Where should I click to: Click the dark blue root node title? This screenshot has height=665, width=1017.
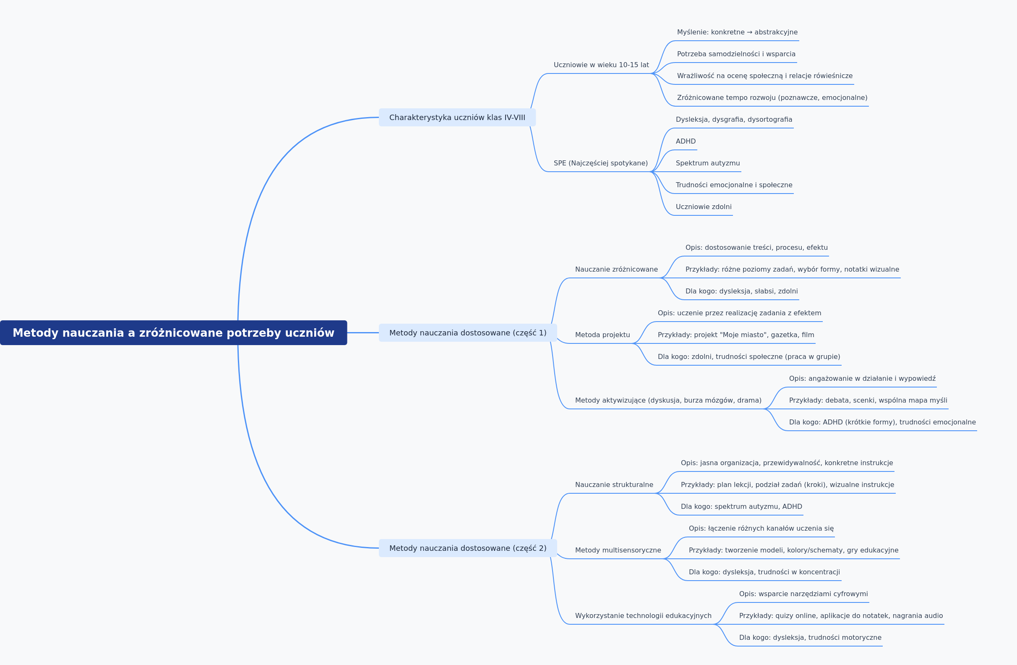174,333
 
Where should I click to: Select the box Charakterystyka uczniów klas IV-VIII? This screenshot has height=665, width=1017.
457,118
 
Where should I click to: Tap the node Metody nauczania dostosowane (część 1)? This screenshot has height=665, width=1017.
468,333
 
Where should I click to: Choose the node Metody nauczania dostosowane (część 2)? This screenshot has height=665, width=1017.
468,548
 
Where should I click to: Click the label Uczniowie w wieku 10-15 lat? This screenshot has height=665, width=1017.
601,65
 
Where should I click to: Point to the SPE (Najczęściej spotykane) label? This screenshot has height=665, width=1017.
601,163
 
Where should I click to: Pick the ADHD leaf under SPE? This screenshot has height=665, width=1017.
686,141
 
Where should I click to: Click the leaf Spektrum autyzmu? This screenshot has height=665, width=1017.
708,163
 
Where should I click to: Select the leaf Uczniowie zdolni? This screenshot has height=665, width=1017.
704,207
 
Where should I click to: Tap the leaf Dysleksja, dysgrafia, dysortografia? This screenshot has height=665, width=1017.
734,120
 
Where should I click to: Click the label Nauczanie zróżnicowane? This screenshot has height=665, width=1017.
616,270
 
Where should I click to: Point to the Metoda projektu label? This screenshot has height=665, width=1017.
602,335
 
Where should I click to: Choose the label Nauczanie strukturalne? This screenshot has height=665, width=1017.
614,484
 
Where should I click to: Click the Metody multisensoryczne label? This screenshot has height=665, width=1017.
618,550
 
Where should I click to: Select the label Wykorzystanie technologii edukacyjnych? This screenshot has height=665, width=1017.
643,616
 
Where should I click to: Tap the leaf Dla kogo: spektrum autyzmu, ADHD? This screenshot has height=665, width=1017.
741,507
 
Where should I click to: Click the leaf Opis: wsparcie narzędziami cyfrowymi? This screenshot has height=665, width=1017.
803,594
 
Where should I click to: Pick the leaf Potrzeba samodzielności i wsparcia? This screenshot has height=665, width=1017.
736,54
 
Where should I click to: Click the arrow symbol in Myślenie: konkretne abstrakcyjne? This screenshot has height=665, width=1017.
749,32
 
